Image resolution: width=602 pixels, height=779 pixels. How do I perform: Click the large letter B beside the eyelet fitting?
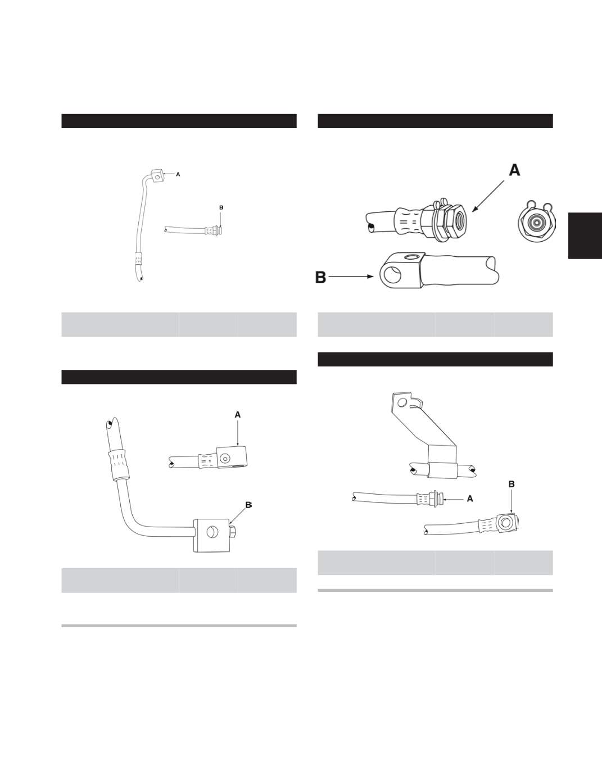click(320, 277)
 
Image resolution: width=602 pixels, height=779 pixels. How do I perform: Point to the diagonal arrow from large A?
click(488, 196)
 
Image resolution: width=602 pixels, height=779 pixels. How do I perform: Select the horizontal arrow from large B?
click(351, 277)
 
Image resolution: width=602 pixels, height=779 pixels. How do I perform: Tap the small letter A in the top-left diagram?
click(178, 174)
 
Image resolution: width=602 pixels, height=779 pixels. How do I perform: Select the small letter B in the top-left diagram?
click(221, 207)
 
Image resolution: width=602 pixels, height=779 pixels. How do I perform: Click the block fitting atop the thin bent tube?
click(157, 176)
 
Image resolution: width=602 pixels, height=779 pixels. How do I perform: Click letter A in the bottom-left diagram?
click(238, 415)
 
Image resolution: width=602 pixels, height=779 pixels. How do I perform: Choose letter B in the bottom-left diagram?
click(248, 505)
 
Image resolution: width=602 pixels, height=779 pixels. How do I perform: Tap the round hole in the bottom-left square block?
click(211, 533)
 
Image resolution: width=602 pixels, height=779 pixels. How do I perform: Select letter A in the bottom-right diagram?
click(470, 499)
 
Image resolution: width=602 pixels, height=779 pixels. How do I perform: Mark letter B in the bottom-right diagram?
click(512, 484)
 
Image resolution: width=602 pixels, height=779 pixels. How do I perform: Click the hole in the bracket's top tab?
click(402, 402)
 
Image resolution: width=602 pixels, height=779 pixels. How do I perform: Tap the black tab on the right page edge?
click(585, 235)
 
